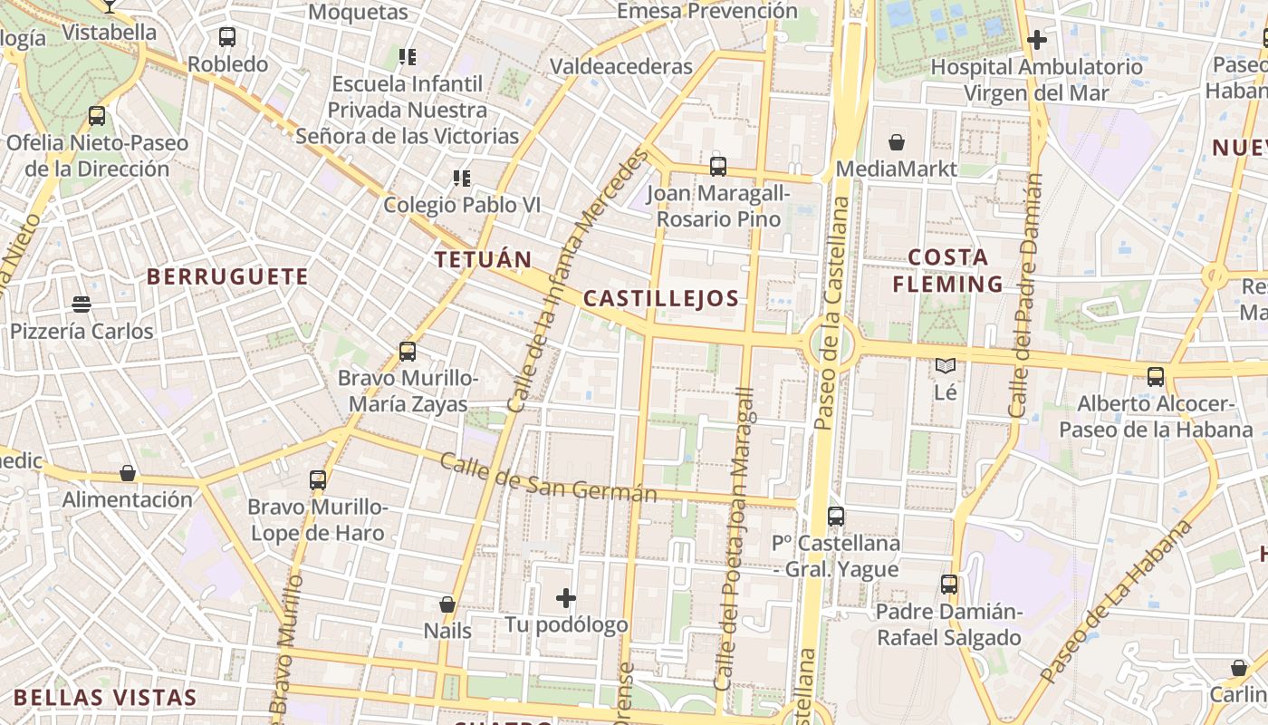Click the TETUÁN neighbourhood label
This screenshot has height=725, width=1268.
483,259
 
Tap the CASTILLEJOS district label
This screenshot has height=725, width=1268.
661,298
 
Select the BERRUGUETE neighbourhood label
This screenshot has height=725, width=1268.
227,276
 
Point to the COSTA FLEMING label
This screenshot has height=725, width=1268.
947,271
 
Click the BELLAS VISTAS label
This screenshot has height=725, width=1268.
105,697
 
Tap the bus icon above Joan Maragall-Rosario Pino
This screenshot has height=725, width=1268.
718,167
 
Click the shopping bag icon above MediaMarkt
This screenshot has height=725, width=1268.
897,142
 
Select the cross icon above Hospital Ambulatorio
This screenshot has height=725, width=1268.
1037,40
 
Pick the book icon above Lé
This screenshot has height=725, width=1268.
946,365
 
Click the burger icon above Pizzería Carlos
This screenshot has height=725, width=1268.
82,304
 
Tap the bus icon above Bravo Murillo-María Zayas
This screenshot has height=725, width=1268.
408,351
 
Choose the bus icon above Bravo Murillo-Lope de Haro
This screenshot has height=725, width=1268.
317,480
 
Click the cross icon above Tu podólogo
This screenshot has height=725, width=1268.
566,598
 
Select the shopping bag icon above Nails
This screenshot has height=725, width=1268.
447,604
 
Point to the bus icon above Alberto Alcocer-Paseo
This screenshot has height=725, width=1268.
1155,377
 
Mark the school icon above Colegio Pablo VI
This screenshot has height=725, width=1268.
462,179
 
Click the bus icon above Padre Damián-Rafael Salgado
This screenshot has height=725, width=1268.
949,585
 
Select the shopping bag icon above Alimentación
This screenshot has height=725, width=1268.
128,473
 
